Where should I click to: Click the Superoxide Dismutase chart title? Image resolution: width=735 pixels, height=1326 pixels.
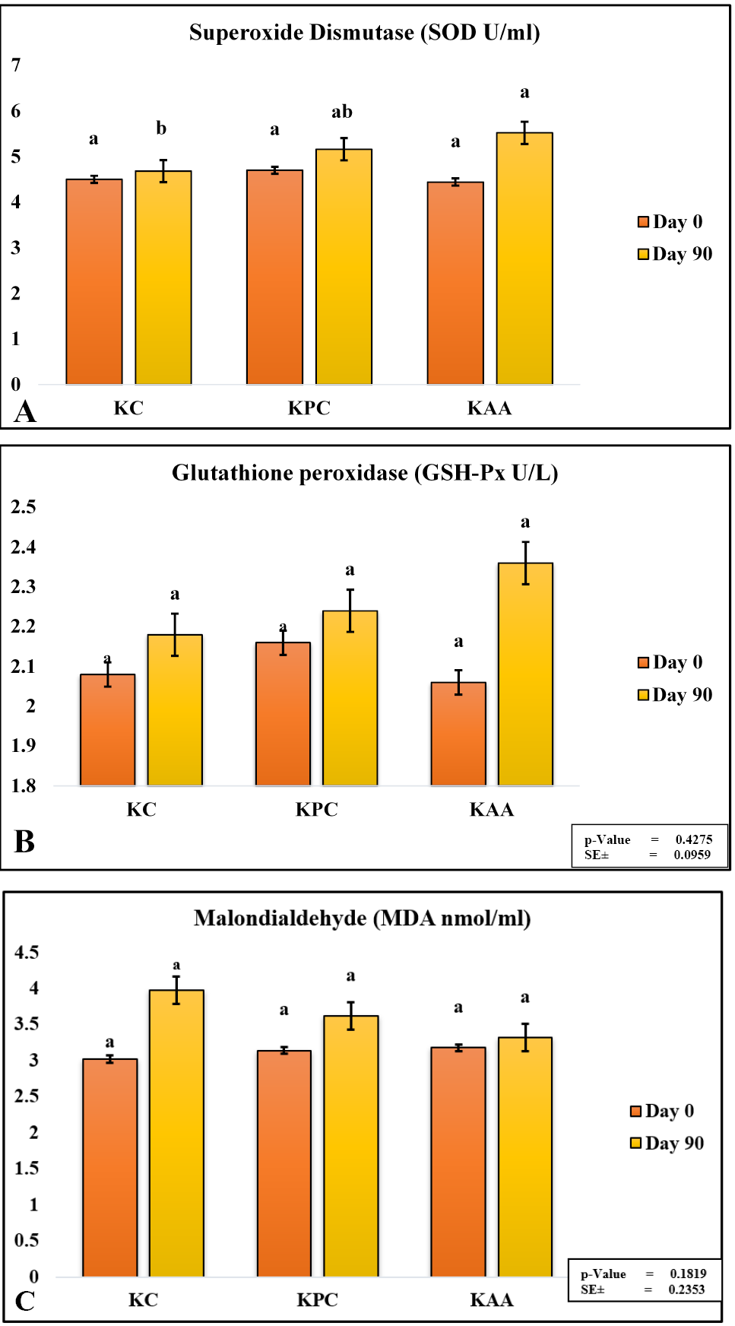point(365,33)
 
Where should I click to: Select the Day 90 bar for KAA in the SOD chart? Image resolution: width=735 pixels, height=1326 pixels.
point(524,259)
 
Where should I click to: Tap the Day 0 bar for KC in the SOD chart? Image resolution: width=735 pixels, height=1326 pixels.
point(94,281)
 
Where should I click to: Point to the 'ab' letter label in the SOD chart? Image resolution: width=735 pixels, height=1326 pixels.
point(342,112)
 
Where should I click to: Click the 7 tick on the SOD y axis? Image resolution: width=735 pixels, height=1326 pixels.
point(16,65)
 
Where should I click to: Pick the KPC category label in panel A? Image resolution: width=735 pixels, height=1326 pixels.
point(309,408)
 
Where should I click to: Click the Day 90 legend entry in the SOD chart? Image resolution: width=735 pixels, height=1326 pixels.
point(675,254)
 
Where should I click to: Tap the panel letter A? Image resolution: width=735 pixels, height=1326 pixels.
point(25,411)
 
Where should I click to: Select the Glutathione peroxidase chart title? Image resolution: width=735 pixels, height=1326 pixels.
point(365,473)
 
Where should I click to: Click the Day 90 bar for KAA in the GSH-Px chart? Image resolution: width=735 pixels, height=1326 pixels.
point(525,674)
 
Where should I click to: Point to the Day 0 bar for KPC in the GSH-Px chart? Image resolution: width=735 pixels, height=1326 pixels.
point(283,714)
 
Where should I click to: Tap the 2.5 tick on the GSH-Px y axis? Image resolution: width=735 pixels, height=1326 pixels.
point(24,507)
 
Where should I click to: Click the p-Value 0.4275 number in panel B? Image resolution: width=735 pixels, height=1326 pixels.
point(694,839)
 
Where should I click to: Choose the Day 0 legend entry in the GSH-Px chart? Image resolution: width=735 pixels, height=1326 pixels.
point(670,662)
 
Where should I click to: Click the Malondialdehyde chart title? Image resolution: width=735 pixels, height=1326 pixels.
point(363,918)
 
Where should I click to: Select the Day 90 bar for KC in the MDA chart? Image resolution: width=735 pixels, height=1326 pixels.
point(176,1133)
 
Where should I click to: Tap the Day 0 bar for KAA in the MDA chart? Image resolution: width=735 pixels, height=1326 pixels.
point(458,1162)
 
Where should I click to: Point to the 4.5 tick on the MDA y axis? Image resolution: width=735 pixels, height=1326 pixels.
point(27,953)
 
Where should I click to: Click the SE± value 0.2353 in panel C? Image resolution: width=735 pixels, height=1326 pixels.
point(687,1290)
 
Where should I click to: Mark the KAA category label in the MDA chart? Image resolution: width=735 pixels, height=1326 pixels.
point(492,1300)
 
